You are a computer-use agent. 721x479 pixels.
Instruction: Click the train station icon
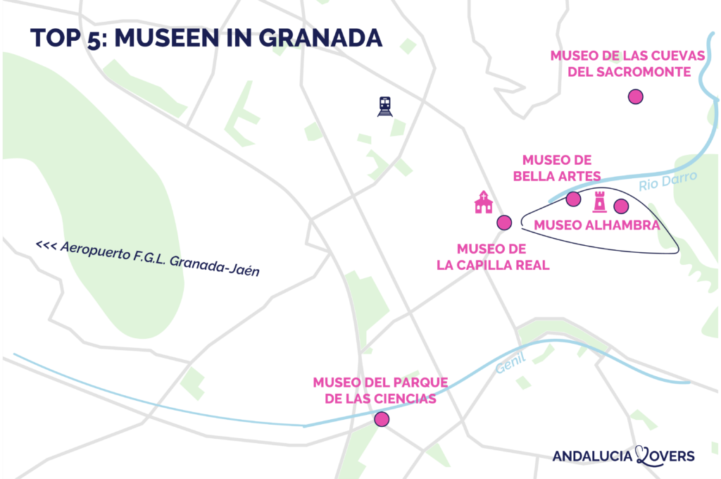click(x=384, y=106)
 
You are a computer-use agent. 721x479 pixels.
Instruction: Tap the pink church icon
click(x=483, y=202)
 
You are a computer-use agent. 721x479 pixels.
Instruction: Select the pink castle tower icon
click(x=600, y=201)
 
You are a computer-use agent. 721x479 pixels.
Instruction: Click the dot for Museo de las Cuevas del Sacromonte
click(x=636, y=97)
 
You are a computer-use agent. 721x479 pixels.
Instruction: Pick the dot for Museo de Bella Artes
click(x=573, y=199)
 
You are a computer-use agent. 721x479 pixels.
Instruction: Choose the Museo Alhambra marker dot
click(x=620, y=206)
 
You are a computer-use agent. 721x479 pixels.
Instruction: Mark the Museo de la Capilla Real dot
click(x=503, y=223)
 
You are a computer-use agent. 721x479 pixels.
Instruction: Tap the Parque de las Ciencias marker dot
click(x=382, y=420)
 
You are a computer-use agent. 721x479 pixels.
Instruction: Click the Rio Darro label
click(x=667, y=182)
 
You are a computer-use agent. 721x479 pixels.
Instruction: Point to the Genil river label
click(x=510, y=363)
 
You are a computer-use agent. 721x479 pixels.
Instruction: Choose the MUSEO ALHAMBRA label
click(x=596, y=225)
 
